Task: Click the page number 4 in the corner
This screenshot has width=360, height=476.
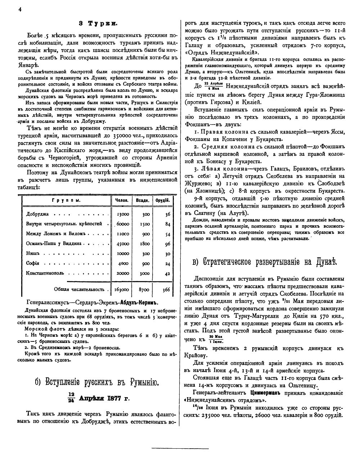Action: pyautogui.click(x=21, y=10)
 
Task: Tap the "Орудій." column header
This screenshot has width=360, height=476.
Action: pyautogui.click(x=162, y=200)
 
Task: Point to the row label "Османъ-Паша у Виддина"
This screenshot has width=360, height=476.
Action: pyautogui.click(x=54, y=244)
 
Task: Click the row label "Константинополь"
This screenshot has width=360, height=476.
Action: pyautogui.click(x=45, y=273)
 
